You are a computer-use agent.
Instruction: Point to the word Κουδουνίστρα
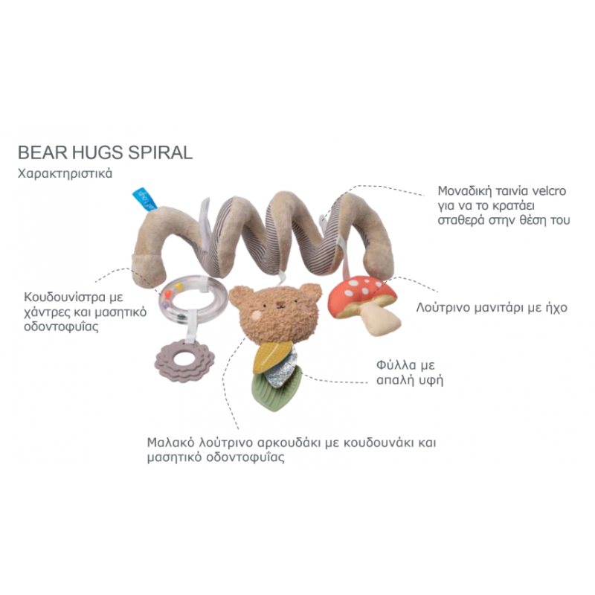[x=59, y=298]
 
